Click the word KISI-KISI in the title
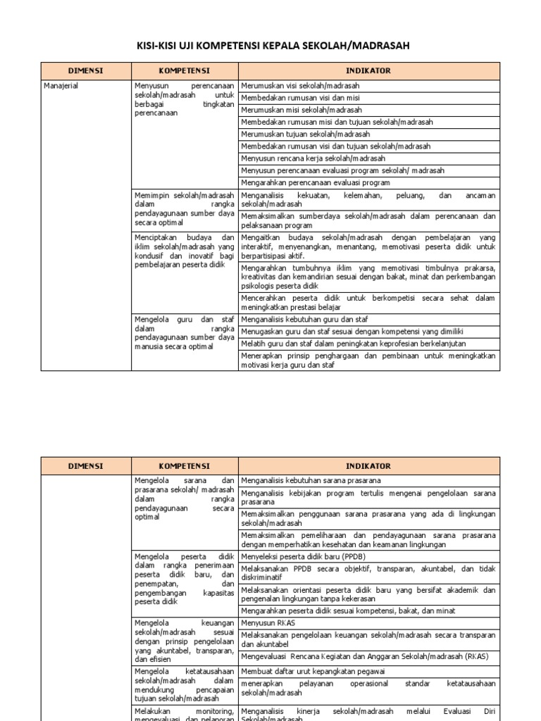(158, 46)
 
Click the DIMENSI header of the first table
(85, 71)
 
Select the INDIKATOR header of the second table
(368, 466)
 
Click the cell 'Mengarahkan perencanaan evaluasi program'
(315, 182)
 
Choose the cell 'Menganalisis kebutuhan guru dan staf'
(304, 320)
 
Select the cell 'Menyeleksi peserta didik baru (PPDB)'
(304, 556)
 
